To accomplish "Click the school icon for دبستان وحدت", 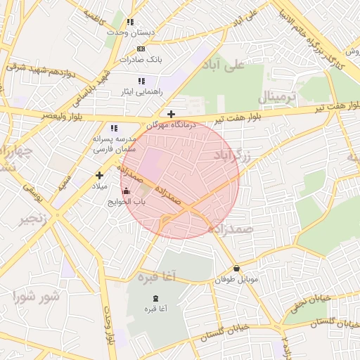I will (x=130, y=22).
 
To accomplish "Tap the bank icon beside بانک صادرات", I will (x=141, y=49).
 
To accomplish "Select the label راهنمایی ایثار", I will (x=143, y=92).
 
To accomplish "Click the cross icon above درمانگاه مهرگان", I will (x=171, y=113).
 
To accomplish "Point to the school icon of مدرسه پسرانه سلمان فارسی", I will (x=114, y=128).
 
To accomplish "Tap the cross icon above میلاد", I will (x=99, y=175).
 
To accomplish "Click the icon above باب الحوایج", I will (x=126, y=191).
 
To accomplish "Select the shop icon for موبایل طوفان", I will (x=236, y=269).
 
